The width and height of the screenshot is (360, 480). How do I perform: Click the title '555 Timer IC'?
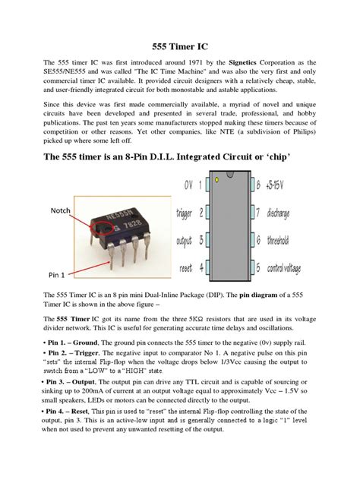180,44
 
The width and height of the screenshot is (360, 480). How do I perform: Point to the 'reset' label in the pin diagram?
188,267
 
